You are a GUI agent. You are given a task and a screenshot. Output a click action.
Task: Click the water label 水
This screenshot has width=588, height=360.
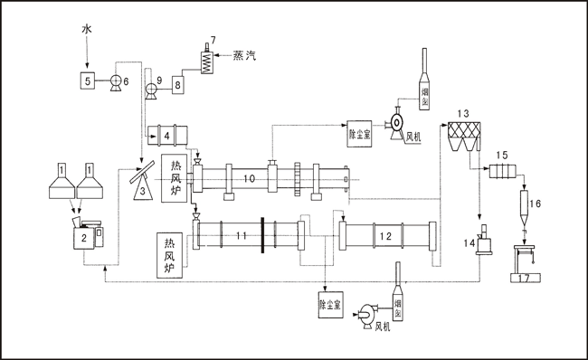(87, 30)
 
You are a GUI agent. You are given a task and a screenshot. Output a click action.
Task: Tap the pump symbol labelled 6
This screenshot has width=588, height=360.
(116, 81)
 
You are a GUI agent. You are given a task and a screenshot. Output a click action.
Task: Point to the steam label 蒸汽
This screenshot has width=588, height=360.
(244, 56)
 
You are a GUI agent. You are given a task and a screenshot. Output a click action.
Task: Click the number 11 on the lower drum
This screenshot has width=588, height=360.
(240, 236)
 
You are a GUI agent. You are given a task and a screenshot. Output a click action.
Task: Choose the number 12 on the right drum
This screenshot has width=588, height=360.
(384, 236)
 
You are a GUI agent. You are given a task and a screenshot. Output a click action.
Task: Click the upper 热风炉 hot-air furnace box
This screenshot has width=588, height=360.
(175, 178)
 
